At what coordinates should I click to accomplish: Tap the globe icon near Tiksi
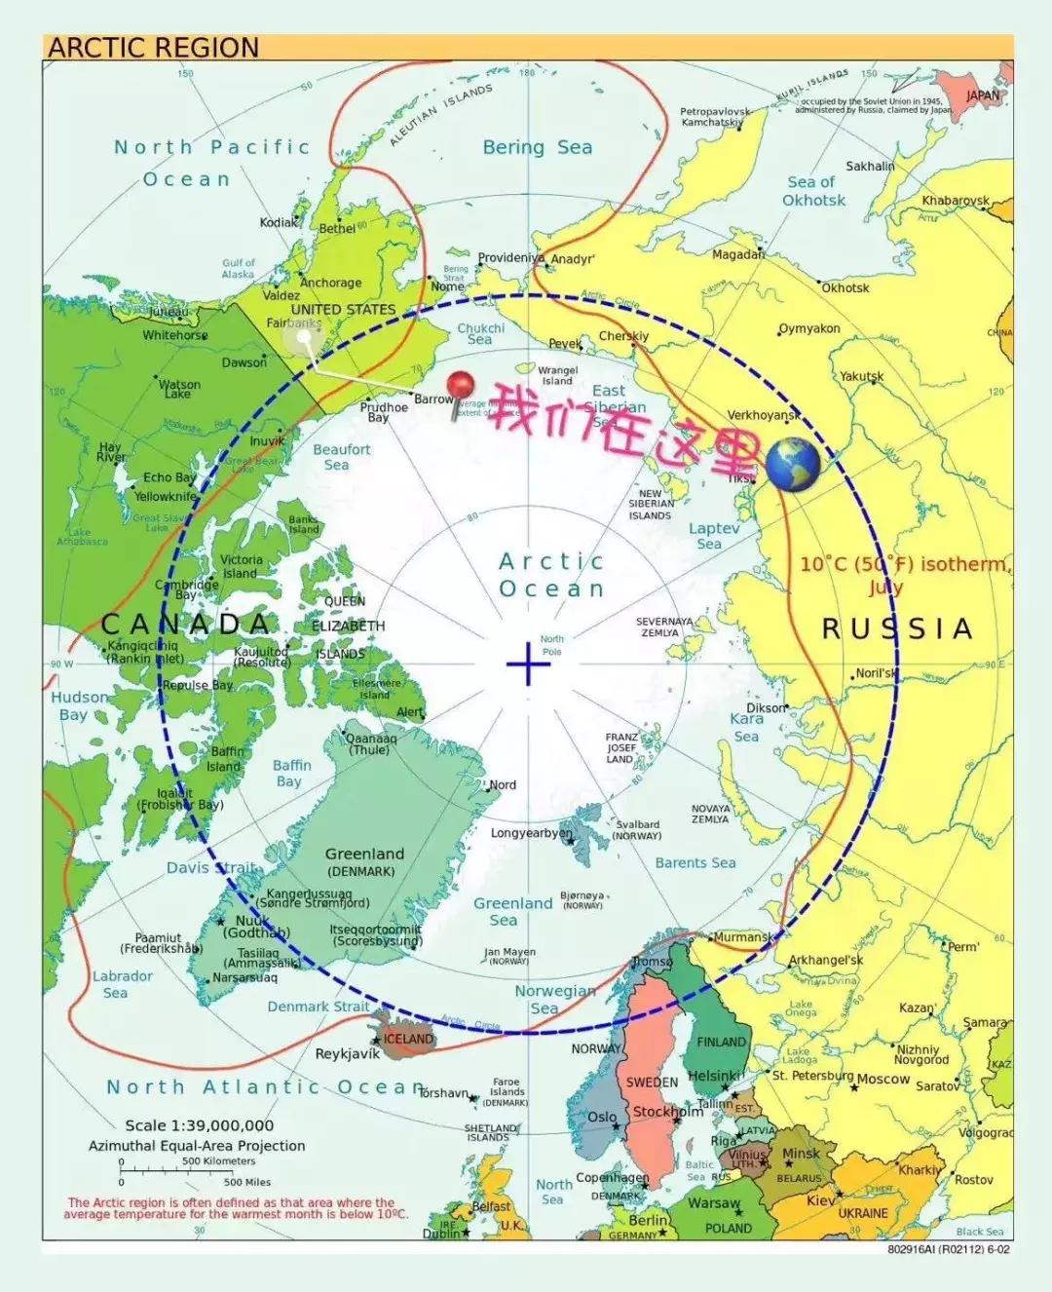793,465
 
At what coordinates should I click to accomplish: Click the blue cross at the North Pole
528,664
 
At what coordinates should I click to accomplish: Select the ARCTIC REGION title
154,48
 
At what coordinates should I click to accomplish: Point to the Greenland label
364,854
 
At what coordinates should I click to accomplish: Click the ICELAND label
408,1039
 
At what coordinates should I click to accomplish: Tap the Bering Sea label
537,147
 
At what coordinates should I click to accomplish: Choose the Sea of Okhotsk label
813,191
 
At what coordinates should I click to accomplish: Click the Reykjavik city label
348,1054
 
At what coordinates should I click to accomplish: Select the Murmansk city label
743,937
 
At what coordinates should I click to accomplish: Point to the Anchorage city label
330,283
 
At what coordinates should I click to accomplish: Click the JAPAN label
983,95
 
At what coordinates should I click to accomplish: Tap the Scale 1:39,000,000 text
200,1125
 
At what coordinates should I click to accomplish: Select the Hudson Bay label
79,705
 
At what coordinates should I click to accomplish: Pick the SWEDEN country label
652,1083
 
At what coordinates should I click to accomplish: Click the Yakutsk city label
862,376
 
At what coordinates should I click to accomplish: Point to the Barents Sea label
695,862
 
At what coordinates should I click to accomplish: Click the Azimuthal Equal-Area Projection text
197,1146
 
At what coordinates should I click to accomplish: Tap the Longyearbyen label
531,833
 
